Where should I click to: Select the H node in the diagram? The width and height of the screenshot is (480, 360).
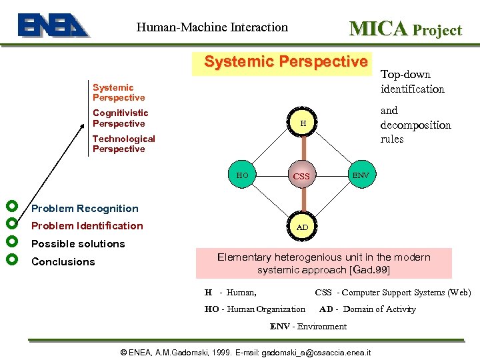(303, 123)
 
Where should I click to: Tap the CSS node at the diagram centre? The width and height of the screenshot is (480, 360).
(301, 177)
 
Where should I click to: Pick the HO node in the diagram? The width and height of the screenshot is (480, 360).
(242, 175)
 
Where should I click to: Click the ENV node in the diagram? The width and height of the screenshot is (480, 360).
(361, 175)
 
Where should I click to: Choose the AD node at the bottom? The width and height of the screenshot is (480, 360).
(302, 227)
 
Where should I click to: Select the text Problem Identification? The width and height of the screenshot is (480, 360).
(87, 226)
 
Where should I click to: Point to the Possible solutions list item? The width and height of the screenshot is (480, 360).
(78, 244)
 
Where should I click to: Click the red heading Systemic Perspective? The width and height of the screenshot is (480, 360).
(286, 62)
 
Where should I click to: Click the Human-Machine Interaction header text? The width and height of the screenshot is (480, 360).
(212, 27)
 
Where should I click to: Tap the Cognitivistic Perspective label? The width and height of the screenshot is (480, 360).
(120, 118)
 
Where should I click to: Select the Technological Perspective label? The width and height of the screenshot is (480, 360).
(123, 144)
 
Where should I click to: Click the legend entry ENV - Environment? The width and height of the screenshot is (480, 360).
(308, 327)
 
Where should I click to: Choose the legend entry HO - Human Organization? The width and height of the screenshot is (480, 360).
(255, 309)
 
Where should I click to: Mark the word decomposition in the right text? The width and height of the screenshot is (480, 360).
(415, 125)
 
